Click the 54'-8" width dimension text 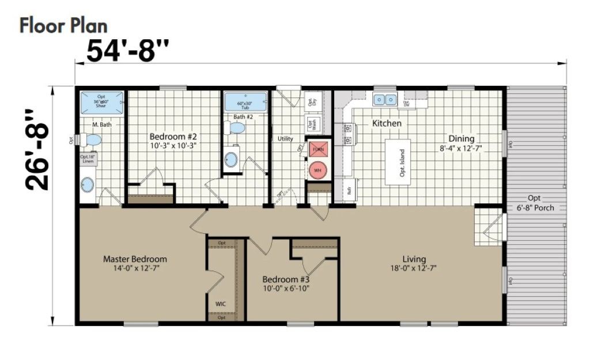[x=128, y=51]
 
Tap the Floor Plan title [x=63, y=26]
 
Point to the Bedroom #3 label [x=286, y=280]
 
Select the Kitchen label [x=387, y=123]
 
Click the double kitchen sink [x=385, y=100]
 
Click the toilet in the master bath [x=91, y=140]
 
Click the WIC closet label [x=221, y=302]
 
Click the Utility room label [x=286, y=139]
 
